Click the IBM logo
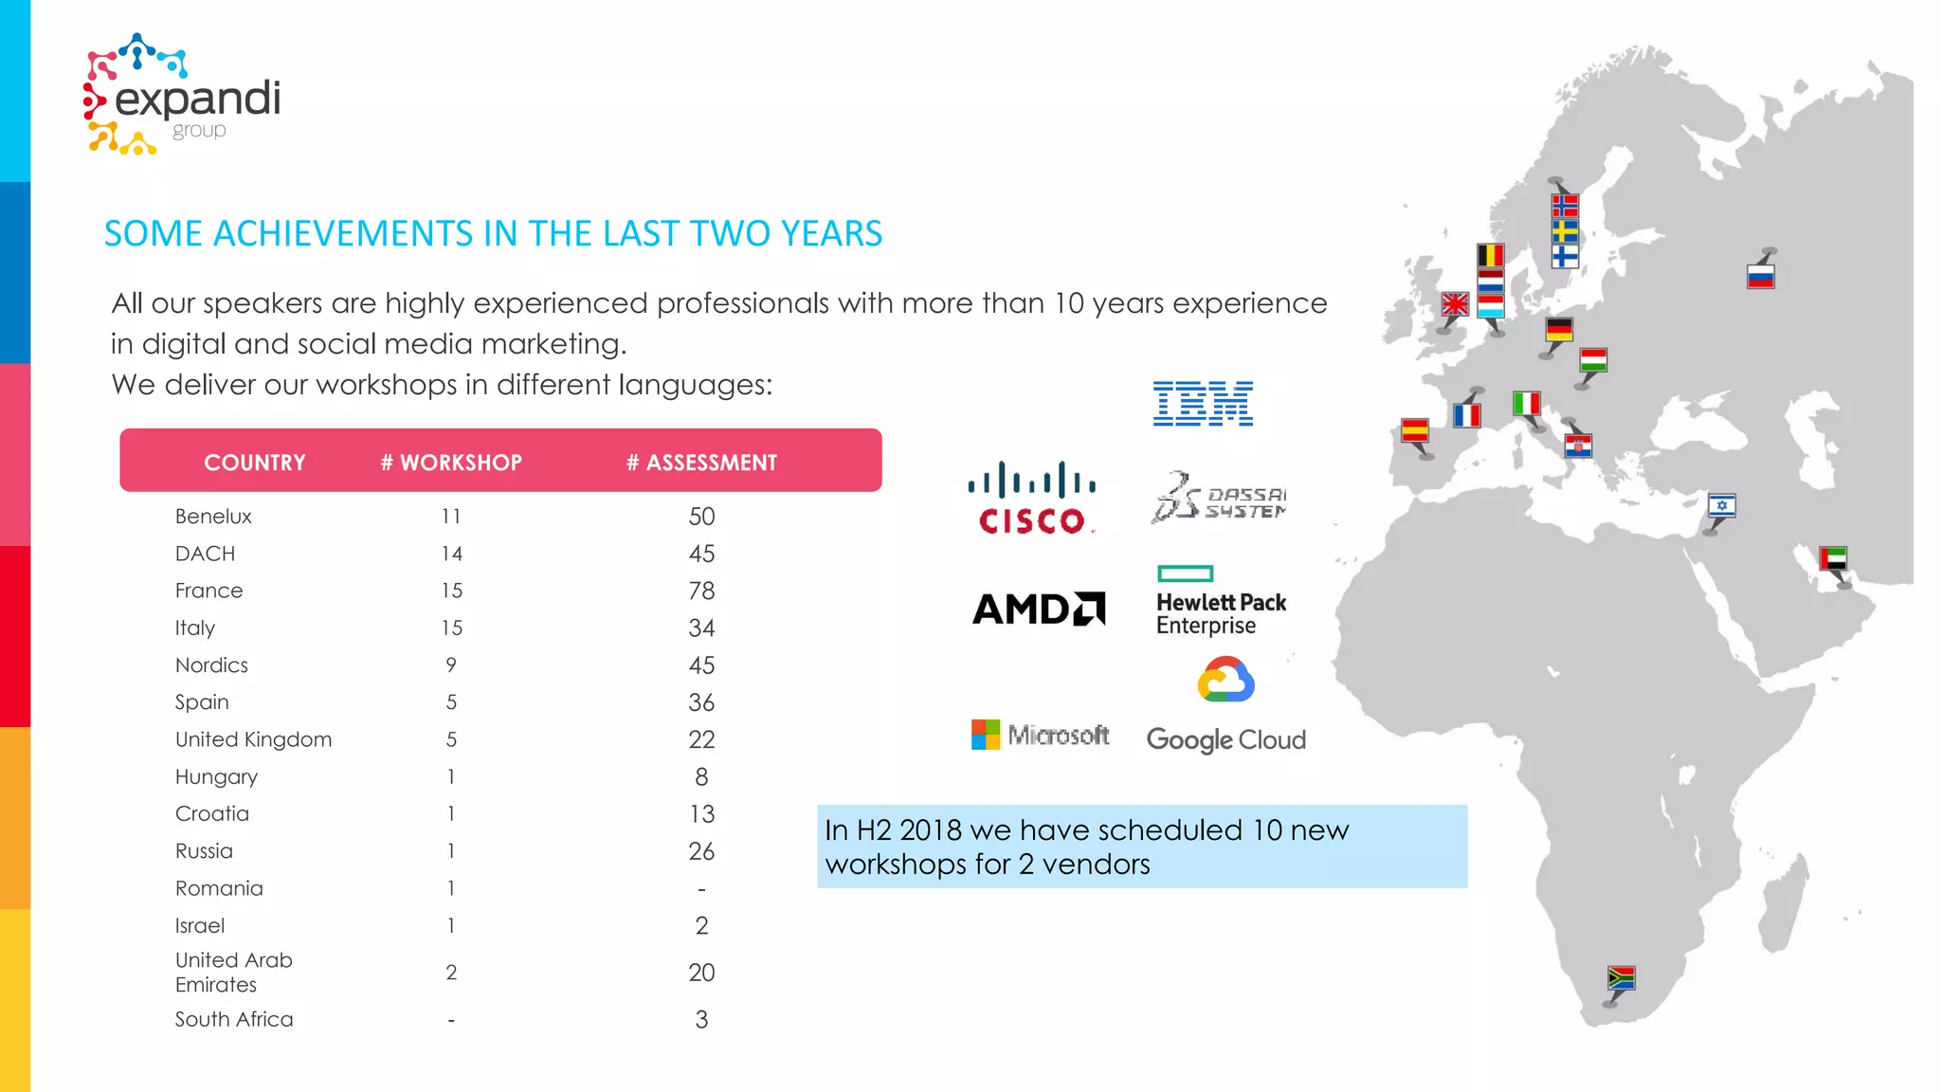(1203, 404)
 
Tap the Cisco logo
(1031, 499)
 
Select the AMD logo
(1039, 609)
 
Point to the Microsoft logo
(1040, 735)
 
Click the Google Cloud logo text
(1225, 739)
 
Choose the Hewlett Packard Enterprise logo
(1221, 602)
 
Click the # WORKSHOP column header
(451, 463)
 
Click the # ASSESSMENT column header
(701, 463)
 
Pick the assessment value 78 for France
(701, 591)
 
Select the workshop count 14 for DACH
(451, 554)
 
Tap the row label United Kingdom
(253, 739)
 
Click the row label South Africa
(234, 1019)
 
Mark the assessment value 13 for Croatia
(701, 814)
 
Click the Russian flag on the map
(1760, 276)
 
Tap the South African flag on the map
(1621, 977)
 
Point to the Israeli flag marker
(1721, 505)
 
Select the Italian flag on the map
(1526, 404)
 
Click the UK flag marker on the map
(1454, 304)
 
